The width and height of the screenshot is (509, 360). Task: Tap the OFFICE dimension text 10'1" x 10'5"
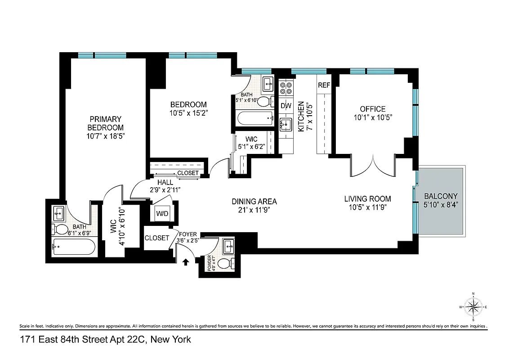[372, 118]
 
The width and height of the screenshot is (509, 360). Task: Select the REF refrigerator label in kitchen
[324, 85]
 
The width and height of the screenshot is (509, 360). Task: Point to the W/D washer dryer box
[162, 213]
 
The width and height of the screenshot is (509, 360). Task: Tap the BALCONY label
[441, 196]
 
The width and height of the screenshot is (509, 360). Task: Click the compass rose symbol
[473, 308]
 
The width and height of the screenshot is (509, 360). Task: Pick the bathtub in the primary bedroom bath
[74, 247]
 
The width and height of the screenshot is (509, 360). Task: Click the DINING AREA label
[254, 201]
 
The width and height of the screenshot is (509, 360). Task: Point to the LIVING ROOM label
[367, 198]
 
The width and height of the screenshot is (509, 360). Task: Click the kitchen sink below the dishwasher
[286, 123]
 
